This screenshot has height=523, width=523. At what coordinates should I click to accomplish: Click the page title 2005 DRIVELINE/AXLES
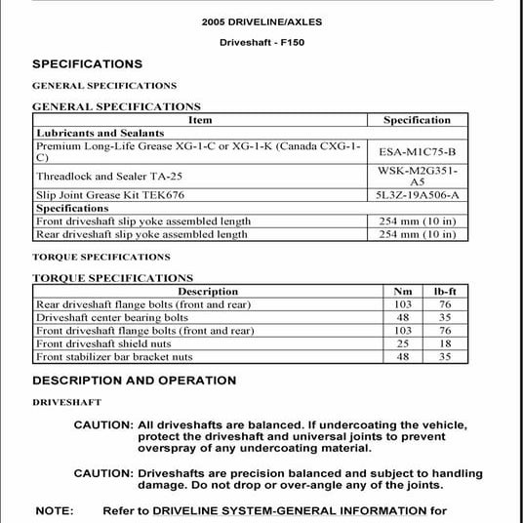pyautogui.click(x=261, y=20)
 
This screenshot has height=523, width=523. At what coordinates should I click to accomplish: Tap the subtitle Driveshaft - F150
pyautogui.click(x=261, y=43)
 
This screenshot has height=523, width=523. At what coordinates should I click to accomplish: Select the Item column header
pyautogui.click(x=200, y=120)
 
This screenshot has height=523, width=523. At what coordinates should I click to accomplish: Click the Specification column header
pyautogui.click(x=417, y=120)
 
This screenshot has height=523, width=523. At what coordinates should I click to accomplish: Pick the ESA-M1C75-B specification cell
pyautogui.click(x=417, y=152)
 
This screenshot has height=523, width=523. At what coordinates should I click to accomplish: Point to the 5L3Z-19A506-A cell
pyautogui.click(x=417, y=195)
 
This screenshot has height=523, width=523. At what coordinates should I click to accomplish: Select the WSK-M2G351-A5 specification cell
pyautogui.click(x=417, y=176)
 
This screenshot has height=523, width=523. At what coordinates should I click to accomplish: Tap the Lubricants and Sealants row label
pyautogui.click(x=90, y=133)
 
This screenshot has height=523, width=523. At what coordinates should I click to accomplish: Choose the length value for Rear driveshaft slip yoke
pyautogui.click(x=417, y=234)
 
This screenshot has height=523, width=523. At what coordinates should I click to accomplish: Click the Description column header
pyautogui.click(x=208, y=291)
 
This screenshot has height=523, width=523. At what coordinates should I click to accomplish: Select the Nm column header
pyautogui.click(x=402, y=291)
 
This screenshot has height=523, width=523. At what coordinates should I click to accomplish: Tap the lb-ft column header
pyautogui.click(x=445, y=291)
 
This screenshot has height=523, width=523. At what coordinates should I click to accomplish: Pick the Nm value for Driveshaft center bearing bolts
pyautogui.click(x=402, y=317)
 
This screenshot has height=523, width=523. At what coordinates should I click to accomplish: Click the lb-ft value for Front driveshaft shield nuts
pyautogui.click(x=445, y=343)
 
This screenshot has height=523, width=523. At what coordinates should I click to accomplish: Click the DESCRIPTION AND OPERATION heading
pyautogui.click(x=135, y=381)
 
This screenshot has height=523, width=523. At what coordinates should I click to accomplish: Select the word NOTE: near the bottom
pyautogui.click(x=55, y=510)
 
